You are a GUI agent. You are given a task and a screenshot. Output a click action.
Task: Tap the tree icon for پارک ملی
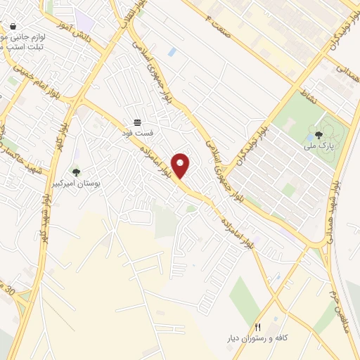(319, 134)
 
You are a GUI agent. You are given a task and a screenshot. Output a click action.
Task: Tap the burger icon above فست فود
(137, 122)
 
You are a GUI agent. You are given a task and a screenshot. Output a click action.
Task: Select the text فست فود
(138, 132)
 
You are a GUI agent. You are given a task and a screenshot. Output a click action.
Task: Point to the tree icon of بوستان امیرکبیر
(76, 172)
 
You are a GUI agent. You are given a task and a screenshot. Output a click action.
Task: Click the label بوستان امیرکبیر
(77, 183)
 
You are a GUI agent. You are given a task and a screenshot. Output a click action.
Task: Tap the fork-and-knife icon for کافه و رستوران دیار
(258, 328)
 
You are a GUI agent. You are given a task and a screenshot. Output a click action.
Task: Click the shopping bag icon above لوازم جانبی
(13, 26)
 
